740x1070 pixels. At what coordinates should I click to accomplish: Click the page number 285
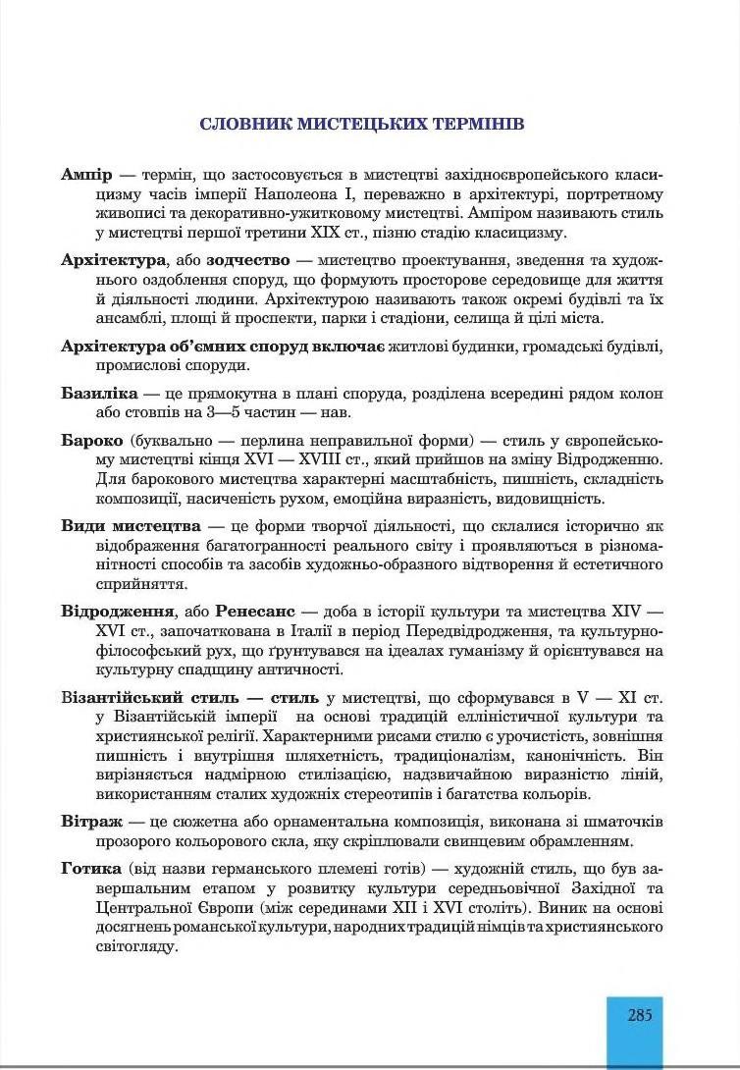click(x=639, y=1016)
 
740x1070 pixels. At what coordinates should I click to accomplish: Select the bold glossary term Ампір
click(x=86, y=174)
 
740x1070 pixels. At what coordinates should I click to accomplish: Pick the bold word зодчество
click(x=248, y=260)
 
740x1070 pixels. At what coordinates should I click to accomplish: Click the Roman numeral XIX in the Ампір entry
click(x=315, y=232)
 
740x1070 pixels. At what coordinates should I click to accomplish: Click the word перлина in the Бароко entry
click(x=241, y=439)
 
